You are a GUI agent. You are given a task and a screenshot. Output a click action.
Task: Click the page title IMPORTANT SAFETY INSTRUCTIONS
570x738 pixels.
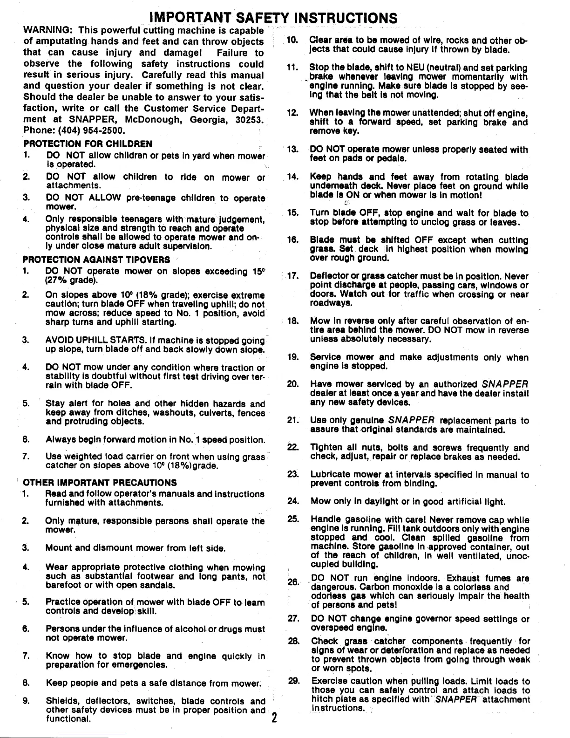tap(273, 18)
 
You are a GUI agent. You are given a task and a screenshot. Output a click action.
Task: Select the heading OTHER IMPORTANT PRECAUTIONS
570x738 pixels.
tap(100, 482)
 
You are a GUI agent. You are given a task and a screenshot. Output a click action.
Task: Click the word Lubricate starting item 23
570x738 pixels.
tap(332, 475)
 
